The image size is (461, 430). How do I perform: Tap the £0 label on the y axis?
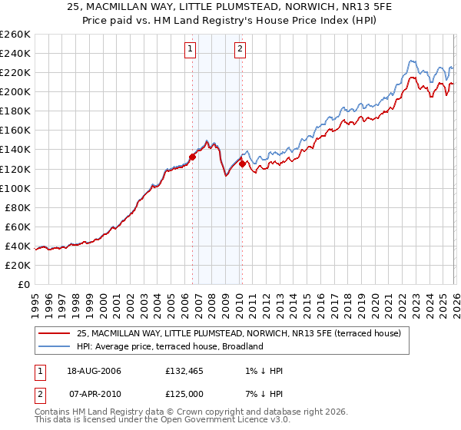click(x=24, y=284)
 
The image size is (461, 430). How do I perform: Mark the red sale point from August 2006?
click(x=193, y=157)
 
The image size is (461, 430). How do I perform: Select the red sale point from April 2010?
click(x=242, y=164)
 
